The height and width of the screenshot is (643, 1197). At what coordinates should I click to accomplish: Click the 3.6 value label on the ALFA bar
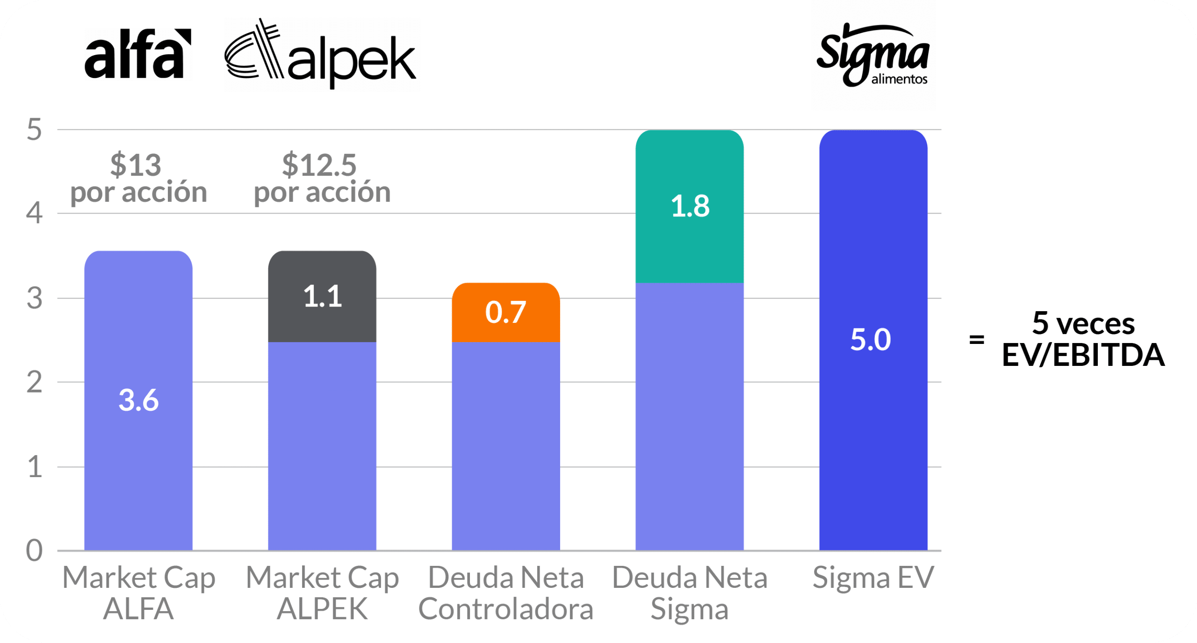point(138,400)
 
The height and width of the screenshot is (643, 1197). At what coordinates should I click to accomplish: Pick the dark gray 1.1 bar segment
point(322,296)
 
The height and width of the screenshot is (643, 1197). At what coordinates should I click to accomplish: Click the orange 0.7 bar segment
point(505,312)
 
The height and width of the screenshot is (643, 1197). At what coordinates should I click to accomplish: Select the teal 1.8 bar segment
point(690,206)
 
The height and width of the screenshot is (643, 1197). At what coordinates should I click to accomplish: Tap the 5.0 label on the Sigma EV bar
point(871,339)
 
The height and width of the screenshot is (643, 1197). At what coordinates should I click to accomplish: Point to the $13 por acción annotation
point(138,179)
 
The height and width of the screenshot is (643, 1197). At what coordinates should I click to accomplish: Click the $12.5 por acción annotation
point(322,179)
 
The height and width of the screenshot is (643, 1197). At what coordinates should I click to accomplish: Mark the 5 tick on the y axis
point(34,129)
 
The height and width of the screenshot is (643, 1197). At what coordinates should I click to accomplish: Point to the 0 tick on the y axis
point(34,550)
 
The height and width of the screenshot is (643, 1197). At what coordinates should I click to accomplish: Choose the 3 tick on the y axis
point(34,298)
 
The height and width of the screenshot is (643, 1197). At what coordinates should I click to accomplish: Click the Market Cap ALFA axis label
point(138,593)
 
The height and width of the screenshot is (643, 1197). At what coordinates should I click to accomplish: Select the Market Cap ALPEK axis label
point(322,593)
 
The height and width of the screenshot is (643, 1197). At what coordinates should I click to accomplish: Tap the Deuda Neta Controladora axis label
point(505,593)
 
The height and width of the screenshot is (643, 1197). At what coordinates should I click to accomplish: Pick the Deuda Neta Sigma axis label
point(690,593)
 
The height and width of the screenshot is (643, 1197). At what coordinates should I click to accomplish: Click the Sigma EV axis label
point(873,578)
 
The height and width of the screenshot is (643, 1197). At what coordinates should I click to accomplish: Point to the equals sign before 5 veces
point(976,339)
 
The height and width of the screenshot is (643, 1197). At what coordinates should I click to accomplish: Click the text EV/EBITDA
point(1083,355)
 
